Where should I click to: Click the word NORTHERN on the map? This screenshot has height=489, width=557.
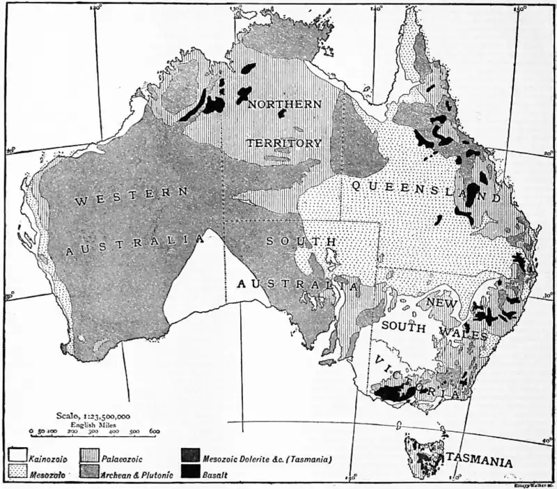pos(285,104)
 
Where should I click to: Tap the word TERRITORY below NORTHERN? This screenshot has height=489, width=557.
pos(283,143)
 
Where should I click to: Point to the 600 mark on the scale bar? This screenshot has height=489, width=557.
pos(154,432)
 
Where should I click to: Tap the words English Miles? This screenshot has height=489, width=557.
pos(93,423)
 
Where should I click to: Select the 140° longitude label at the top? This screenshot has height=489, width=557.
pos(377,8)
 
